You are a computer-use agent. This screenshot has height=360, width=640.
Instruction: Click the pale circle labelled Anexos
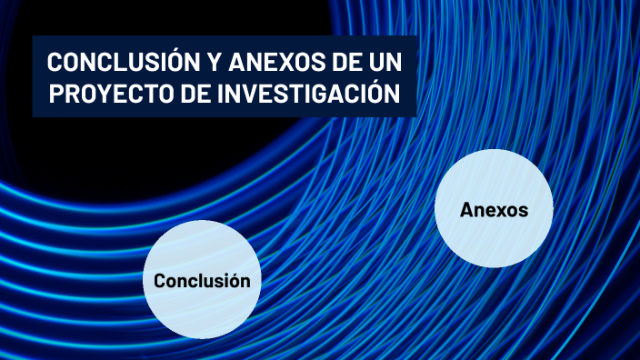coord(494,209)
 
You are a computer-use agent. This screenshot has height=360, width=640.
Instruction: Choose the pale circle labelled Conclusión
coord(202,280)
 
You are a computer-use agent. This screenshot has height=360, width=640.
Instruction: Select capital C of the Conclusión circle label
coord(160,281)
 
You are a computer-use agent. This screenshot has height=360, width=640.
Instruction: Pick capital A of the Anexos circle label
coord(466,210)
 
